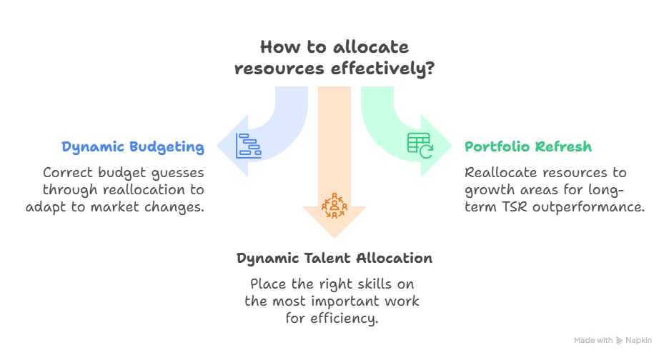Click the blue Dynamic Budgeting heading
click(133, 147)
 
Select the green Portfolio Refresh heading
click(528, 147)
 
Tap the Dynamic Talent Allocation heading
click(334, 258)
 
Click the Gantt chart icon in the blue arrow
click(249, 144)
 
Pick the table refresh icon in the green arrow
click(420, 144)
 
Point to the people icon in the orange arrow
click(334, 204)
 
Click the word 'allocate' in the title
click(375, 48)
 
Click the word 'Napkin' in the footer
click(639, 341)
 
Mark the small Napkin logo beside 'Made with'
click(618, 341)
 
